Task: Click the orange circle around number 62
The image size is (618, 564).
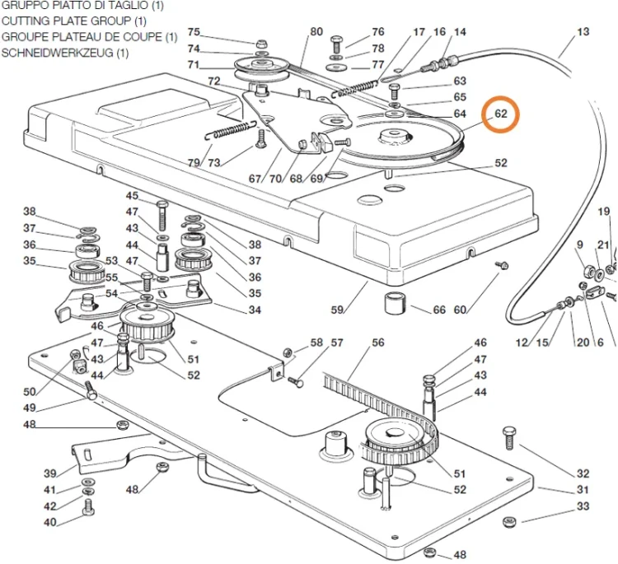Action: point(483,114)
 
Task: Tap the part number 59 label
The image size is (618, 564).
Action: point(337,310)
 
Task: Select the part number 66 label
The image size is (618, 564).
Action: point(439,310)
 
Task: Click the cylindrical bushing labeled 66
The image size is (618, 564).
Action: point(396,303)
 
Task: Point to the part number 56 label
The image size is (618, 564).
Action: point(378,343)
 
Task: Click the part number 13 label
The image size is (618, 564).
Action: point(583,32)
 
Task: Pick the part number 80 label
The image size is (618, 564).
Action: point(316,32)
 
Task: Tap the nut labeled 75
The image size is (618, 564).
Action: point(260,43)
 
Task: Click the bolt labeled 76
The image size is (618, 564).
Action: point(336,44)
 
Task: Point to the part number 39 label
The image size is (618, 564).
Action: point(50,473)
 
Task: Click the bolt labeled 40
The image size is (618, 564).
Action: point(88,506)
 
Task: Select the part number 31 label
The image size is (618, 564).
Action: point(583,490)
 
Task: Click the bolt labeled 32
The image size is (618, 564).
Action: point(508,437)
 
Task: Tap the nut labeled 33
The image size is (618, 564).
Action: point(509,522)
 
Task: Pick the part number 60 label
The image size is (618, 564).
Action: point(460,310)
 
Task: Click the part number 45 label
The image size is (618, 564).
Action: point(132,196)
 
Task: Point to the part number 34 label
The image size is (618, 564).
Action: point(255,310)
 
